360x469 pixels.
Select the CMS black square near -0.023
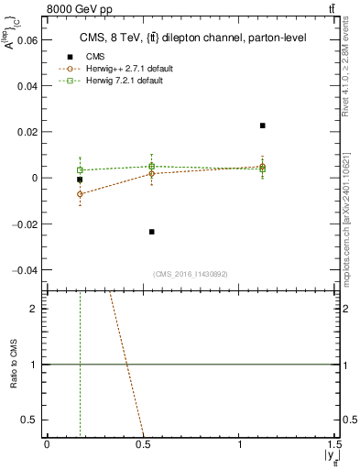[x=152, y=232]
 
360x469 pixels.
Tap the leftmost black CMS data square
[x=80, y=180]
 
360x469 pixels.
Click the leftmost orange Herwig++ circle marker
[x=80, y=194]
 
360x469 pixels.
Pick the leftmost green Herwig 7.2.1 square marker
[x=80, y=170]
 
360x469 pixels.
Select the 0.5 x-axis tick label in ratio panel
[x=143, y=444]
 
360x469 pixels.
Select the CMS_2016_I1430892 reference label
[x=189, y=275]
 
